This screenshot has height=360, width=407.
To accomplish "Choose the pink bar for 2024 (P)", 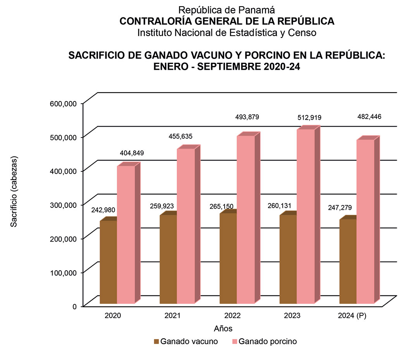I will pyautogui.click(x=365, y=221).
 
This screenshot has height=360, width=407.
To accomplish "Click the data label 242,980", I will pyautogui.click(x=103, y=210).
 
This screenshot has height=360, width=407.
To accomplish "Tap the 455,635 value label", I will pyautogui.click(x=180, y=136).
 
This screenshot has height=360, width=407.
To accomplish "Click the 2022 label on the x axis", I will pyautogui.click(x=232, y=316).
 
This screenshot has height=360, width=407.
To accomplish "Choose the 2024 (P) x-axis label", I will pyautogui.click(x=352, y=316).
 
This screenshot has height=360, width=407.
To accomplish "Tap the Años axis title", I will pyautogui.click(x=223, y=329).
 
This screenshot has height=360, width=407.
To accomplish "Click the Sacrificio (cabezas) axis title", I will pyautogui.click(x=14, y=191).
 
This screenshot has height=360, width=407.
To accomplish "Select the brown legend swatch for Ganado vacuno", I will pyautogui.click(x=156, y=341).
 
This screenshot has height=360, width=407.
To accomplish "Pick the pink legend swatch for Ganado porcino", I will pyautogui.click(x=234, y=341).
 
